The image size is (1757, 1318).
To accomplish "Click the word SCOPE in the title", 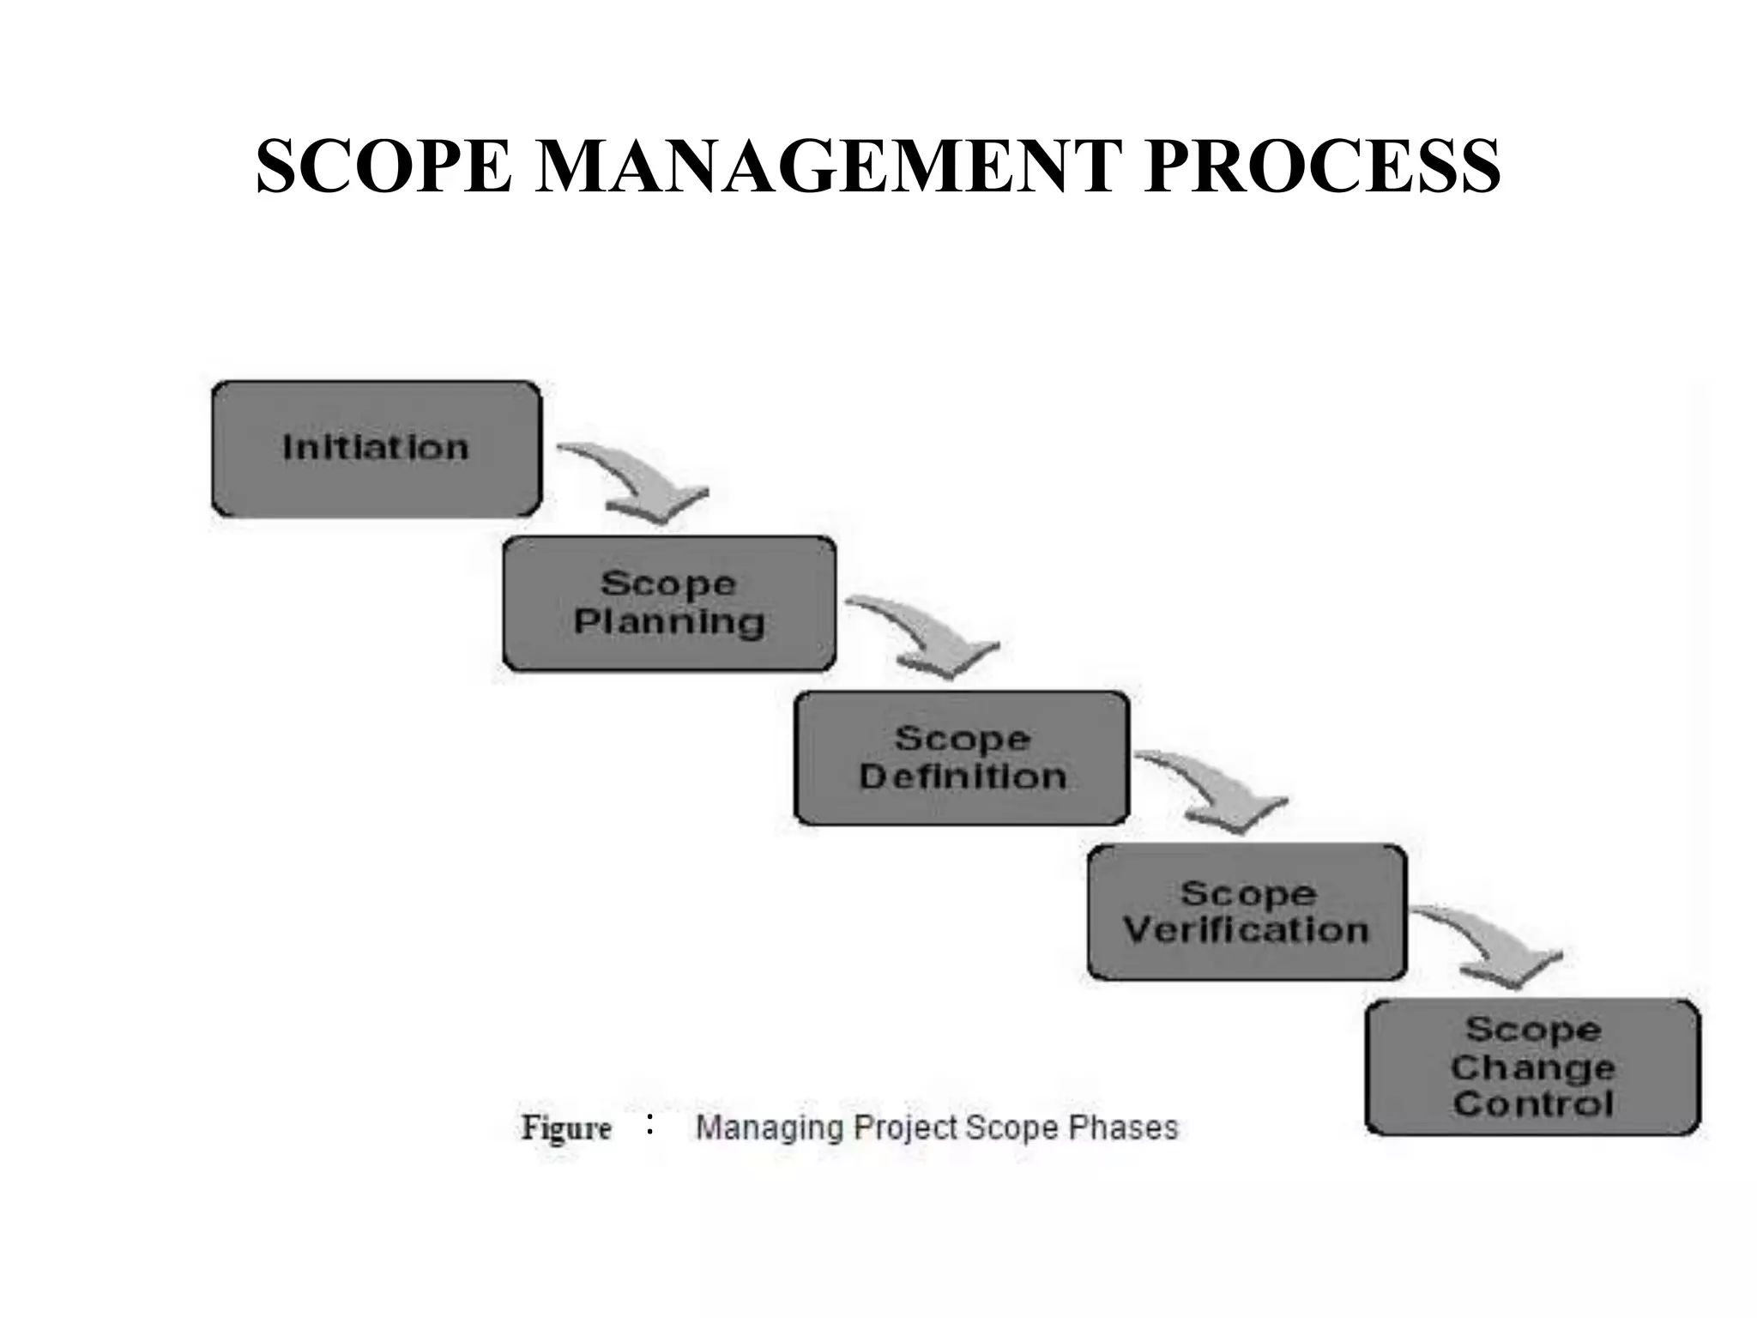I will point(383,166).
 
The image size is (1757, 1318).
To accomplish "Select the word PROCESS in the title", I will point(1322,166).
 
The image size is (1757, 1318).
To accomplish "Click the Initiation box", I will point(377,449).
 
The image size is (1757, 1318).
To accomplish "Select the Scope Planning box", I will point(669,603).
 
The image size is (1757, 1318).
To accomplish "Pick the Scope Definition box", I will point(962,758).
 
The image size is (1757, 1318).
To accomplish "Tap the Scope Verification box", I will point(1247,912).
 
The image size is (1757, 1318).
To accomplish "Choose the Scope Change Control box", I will point(1532,1067).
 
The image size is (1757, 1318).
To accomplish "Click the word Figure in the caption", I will point(566,1128).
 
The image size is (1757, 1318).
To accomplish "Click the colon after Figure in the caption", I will point(650,1124).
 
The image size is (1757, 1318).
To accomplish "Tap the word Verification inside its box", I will point(1246,930).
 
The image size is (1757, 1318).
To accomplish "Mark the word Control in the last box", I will point(1533,1103).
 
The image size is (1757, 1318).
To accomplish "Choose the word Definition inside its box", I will point(963,777).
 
